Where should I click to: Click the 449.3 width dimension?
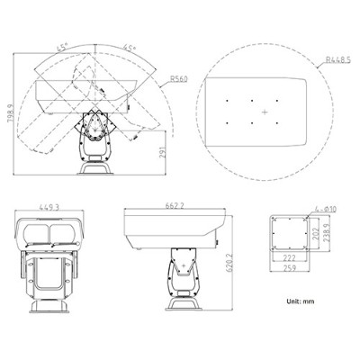tap(49, 206)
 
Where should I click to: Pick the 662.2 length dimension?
tap(175, 206)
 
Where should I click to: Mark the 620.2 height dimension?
tap(230, 266)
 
